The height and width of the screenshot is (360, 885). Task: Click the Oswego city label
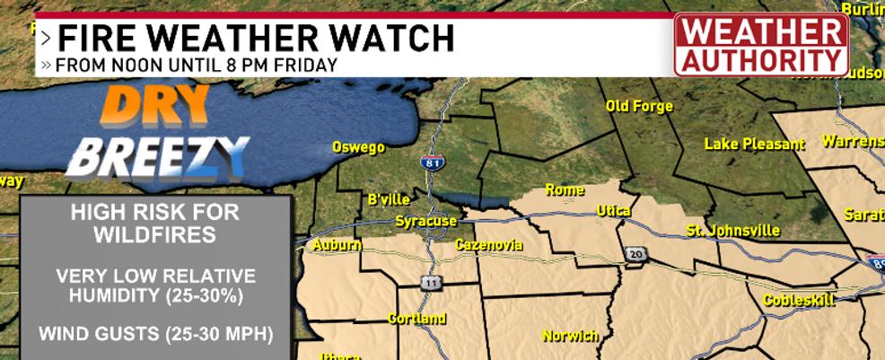[358, 146]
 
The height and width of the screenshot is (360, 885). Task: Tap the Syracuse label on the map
[426, 221]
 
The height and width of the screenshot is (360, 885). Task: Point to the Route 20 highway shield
[635, 254]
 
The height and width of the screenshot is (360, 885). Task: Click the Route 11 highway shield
[431, 283]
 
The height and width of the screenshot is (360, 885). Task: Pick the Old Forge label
[639, 107]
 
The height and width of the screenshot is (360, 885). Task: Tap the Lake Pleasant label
[754, 144]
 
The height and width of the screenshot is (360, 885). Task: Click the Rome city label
[565, 190]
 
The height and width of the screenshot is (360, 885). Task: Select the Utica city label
[614, 211]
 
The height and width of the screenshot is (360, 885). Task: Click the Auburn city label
[337, 244]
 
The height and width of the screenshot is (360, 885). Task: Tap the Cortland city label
[416, 319]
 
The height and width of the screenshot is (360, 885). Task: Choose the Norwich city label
[570, 336]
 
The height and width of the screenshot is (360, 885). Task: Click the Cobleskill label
[800, 300]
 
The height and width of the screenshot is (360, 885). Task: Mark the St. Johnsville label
[732, 231]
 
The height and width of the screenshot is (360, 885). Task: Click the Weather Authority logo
[761, 45]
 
